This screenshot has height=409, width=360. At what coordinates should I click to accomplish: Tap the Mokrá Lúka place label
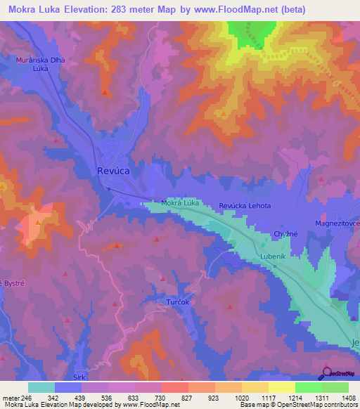pos(181,203)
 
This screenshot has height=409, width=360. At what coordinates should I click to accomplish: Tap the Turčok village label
pos(179,301)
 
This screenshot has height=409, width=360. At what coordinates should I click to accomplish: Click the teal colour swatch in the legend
pos(41,387)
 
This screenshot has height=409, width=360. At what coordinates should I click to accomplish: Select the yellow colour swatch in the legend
pos(282,387)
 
